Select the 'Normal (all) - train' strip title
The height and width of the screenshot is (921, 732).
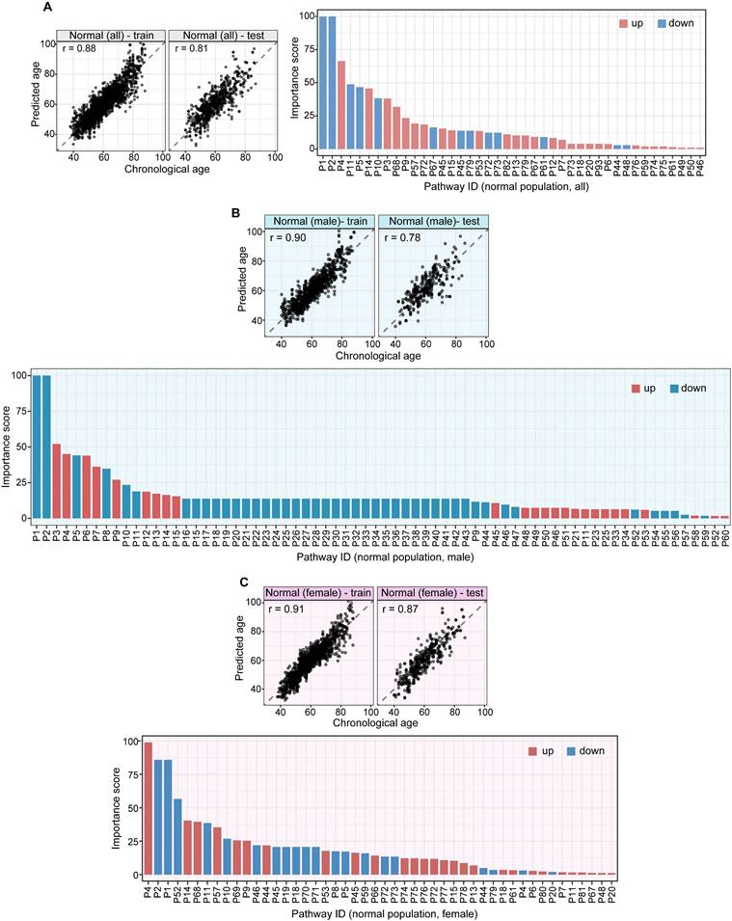tap(110, 36)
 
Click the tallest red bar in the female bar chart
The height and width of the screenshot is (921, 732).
tap(149, 808)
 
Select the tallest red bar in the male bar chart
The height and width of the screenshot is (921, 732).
tap(57, 480)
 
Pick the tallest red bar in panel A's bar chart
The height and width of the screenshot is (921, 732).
tap(341, 104)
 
